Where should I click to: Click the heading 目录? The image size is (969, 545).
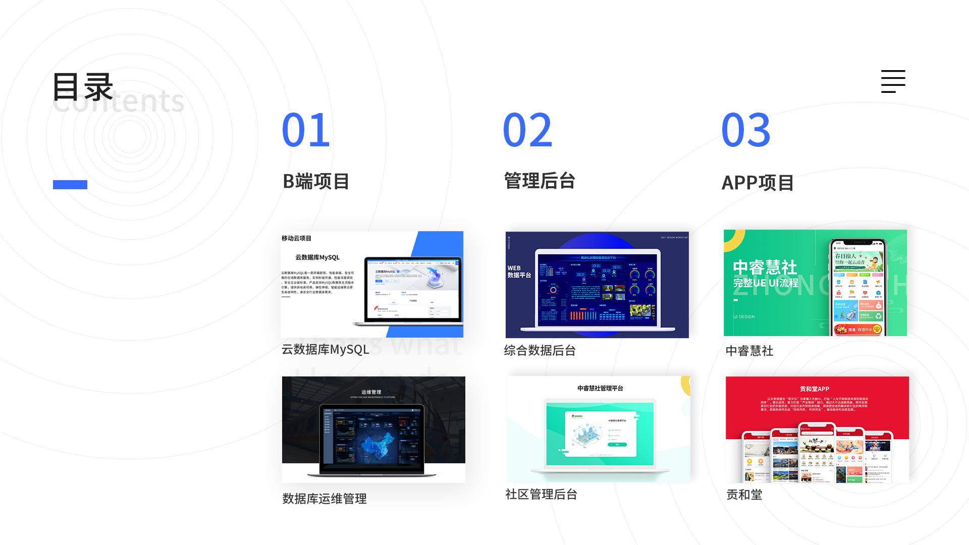point(83,87)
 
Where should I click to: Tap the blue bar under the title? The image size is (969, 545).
point(70,185)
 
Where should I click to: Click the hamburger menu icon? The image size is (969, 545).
point(893,81)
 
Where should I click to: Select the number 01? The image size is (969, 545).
point(306,130)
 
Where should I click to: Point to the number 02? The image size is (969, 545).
point(527,130)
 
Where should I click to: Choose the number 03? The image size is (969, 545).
point(746,130)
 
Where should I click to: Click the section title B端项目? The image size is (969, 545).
point(316,182)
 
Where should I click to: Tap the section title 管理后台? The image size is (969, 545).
point(540,181)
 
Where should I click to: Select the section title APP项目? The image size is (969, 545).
point(758,183)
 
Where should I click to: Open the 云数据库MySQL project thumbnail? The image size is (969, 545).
point(372,285)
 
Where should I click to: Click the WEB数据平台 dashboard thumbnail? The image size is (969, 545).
point(597,285)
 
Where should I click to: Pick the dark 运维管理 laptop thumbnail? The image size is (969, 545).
point(373,429)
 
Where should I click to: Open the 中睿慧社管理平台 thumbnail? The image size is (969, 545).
point(598,429)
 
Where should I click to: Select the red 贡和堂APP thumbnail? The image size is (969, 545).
point(817,429)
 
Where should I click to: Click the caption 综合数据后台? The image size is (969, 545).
point(540,351)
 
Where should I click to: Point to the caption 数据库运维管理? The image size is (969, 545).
point(325,499)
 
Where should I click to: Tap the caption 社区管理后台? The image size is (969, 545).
point(541,495)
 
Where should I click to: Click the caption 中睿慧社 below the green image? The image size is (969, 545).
point(749,351)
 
